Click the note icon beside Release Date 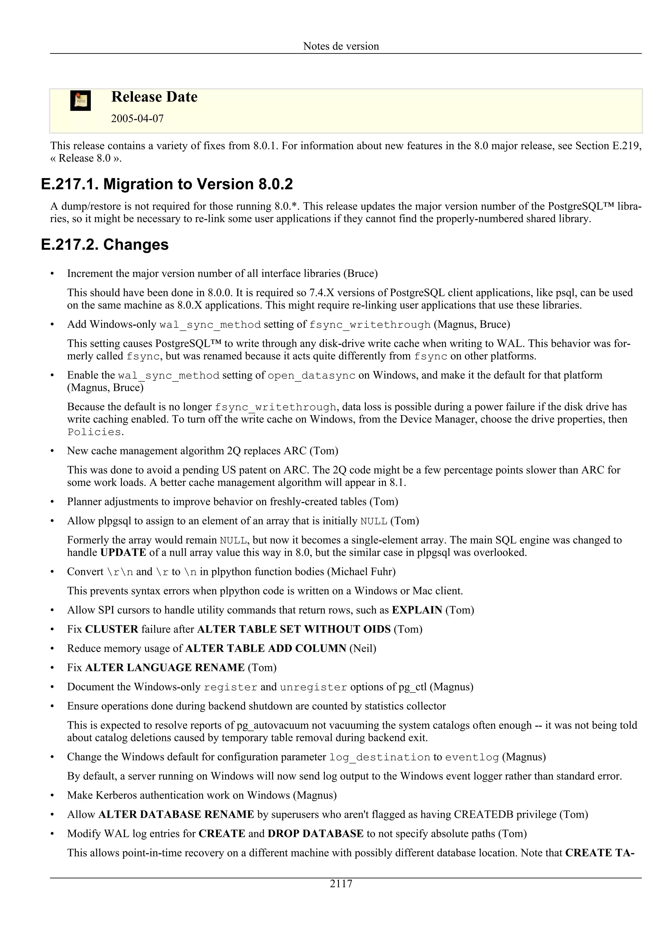(x=80, y=101)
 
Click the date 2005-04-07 (x=137, y=119)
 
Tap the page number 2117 (x=341, y=884)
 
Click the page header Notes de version (x=341, y=46)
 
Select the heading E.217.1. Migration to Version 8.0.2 (x=167, y=184)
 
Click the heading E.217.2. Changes (x=105, y=244)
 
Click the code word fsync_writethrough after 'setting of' (x=370, y=325)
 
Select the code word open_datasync (x=311, y=376)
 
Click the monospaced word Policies (x=94, y=432)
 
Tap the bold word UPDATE (x=123, y=553)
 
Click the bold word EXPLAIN (x=417, y=610)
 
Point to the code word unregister (x=313, y=687)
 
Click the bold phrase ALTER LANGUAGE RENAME (x=165, y=668)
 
